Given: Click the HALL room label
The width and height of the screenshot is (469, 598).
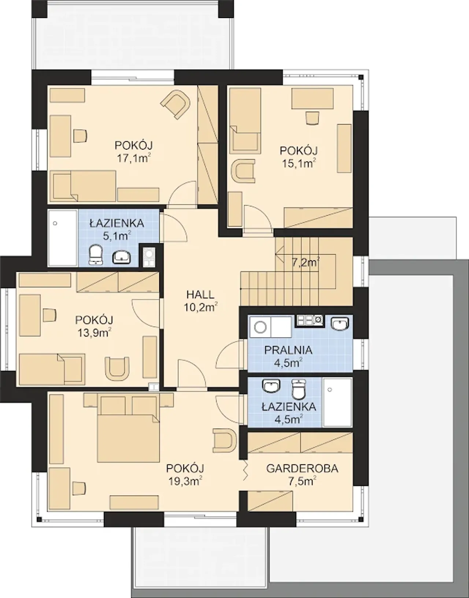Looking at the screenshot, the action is (x=200, y=295).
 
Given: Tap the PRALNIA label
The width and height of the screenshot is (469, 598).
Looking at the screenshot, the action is (x=288, y=350).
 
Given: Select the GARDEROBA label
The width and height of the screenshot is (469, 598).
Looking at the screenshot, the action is (x=302, y=469).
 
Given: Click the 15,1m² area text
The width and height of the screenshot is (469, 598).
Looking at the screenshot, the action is (x=299, y=164).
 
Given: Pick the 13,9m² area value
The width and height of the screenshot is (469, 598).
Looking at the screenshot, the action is (x=94, y=333).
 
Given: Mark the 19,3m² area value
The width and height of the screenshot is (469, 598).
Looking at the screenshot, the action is (x=185, y=481).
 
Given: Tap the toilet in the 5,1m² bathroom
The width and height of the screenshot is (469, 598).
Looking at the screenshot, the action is (x=96, y=254).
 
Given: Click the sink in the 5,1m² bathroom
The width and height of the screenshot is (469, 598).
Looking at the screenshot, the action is (x=121, y=257).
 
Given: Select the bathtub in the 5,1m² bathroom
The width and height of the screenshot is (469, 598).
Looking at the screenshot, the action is (x=63, y=238).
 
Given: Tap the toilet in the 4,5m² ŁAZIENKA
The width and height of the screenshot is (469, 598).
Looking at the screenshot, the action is (x=299, y=389).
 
